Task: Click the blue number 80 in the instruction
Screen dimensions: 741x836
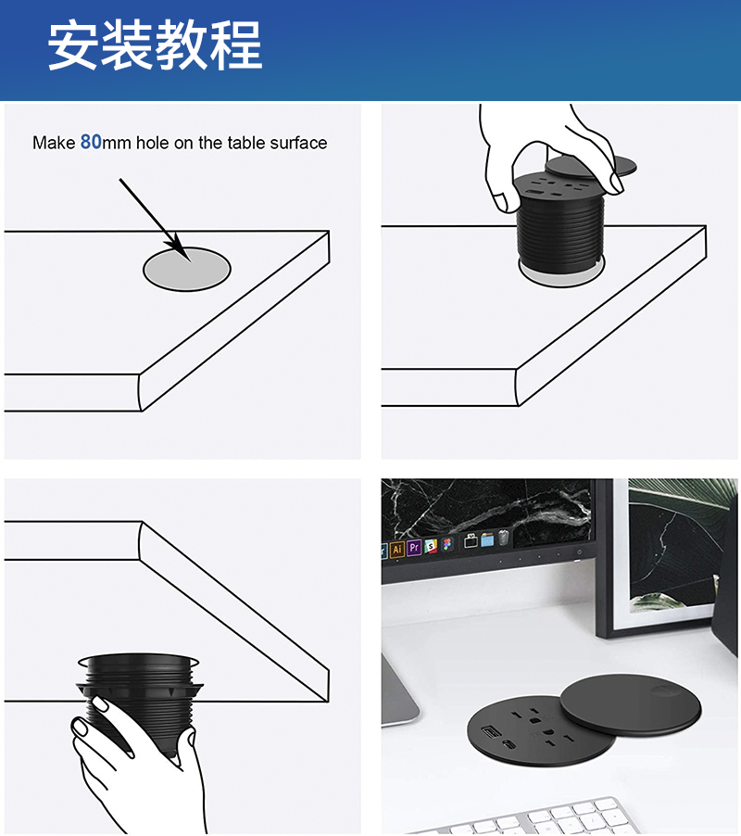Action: tap(91, 142)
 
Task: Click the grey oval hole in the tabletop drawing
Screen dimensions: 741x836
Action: tap(186, 270)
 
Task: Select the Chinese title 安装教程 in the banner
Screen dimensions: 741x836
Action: tap(155, 45)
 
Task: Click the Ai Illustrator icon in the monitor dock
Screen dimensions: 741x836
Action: tap(396, 550)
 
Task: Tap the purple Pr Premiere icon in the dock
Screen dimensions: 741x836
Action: tap(414, 548)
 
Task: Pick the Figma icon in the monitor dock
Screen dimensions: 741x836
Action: tap(447, 544)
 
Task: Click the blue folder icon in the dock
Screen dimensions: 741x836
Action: tap(487, 539)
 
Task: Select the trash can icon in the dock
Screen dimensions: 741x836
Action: tap(503, 538)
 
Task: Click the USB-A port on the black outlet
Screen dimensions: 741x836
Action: tap(490, 731)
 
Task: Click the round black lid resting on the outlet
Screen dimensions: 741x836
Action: tap(631, 703)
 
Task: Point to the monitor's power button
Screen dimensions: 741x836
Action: tap(580, 551)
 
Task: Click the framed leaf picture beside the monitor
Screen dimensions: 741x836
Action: tap(666, 557)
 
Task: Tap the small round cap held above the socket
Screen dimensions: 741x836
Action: tap(591, 167)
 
